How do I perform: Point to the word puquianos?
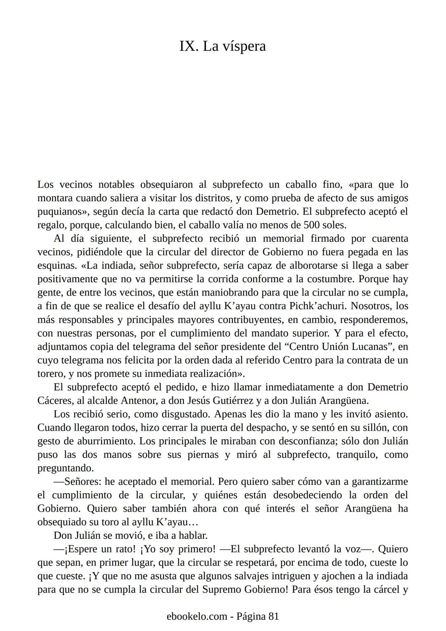[62, 212]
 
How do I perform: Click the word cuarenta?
[390, 238]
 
